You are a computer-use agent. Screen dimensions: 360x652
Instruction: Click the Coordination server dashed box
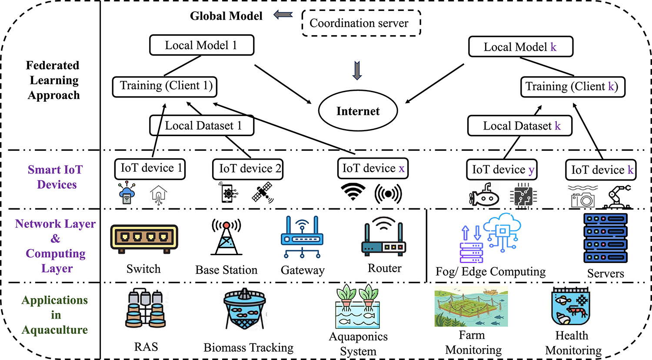pos(361,23)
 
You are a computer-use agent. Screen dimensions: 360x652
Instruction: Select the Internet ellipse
pos(358,111)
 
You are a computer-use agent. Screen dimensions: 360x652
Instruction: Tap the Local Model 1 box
pos(201,45)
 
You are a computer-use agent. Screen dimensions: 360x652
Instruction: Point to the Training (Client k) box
pos(572,87)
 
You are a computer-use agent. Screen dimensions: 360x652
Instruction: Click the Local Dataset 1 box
pos(202,126)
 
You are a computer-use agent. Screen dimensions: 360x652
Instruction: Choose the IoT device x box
pos(373,169)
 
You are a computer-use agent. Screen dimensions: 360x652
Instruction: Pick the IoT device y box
pos(502,170)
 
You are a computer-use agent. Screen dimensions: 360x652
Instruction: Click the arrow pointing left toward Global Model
pos(283,15)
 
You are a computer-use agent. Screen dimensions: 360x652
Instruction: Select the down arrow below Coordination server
pos(357,70)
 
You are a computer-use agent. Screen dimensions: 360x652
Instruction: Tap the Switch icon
pos(144,239)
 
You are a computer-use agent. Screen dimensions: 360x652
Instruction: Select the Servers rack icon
pos(605,238)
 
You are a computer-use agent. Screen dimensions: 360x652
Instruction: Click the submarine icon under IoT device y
pos(484,196)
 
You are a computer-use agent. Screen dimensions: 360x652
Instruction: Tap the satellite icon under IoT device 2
pos(263,193)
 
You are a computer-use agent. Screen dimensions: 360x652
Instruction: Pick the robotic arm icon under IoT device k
pos(616,197)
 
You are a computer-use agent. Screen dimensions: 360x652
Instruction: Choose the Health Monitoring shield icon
pos(570,307)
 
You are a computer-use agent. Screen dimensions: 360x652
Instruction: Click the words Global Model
pos(226,16)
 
